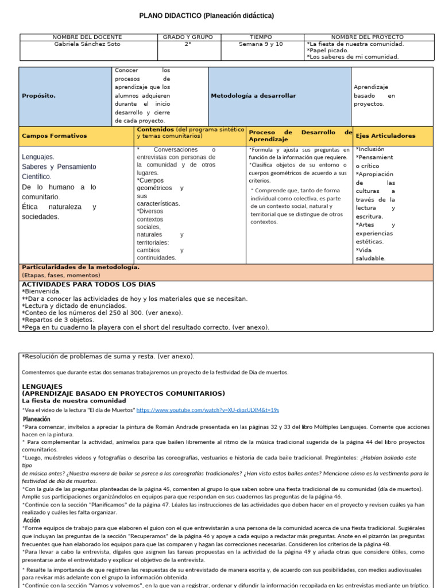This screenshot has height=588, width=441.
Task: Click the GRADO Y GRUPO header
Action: click(x=188, y=37)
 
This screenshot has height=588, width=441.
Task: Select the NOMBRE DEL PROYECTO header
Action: click(x=367, y=37)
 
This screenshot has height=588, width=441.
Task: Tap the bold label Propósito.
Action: click(x=38, y=96)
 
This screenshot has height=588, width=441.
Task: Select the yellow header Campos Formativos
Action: click(x=54, y=136)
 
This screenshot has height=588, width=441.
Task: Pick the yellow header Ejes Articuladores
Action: click(x=385, y=136)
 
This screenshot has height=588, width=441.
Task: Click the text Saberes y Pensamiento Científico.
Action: click(x=59, y=171)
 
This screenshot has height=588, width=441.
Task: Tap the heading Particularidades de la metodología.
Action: click(x=80, y=268)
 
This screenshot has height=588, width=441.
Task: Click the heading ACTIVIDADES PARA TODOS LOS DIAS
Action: click(x=88, y=284)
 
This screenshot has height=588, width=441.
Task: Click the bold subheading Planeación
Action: click(x=36, y=419)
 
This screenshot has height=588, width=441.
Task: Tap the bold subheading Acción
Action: click(x=31, y=520)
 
